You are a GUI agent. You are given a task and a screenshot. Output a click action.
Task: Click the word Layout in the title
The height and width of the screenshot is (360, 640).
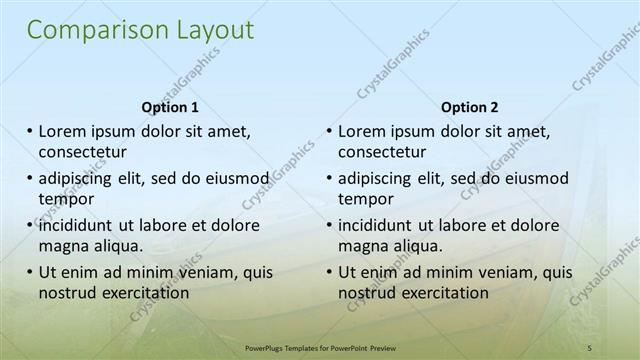[x=210, y=31]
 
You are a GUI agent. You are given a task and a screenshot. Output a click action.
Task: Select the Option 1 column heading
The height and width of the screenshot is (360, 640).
[x=170, y=107]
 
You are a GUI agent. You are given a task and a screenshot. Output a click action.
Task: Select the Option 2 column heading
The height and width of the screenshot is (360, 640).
[x=470, y=107]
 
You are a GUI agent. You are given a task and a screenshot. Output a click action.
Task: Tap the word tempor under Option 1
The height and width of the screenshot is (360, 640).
[x=64, y=199]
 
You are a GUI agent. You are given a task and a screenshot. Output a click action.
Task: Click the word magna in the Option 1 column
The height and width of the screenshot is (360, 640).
[x=63, y=246]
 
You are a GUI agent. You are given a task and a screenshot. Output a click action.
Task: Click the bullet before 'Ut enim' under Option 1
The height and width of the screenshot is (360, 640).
[x=29, y=272]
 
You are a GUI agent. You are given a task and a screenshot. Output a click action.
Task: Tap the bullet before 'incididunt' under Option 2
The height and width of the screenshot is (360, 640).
[x=329, y=225]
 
